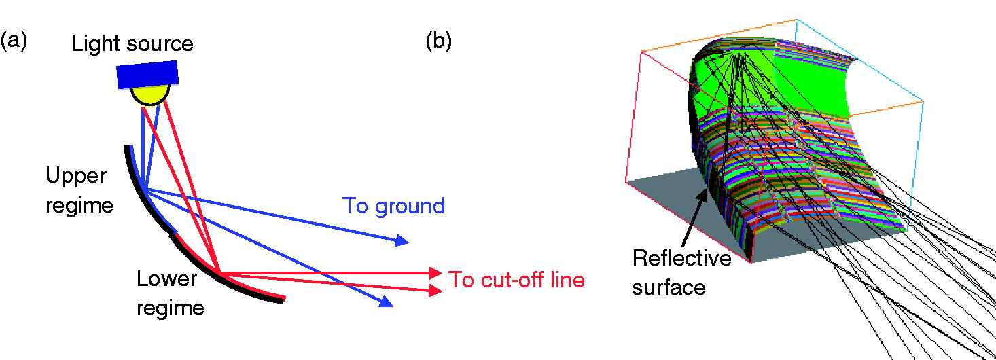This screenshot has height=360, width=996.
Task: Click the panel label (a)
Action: [x=14, y=41]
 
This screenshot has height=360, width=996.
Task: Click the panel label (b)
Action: [x=438, y=41]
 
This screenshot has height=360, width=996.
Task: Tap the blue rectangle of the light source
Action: [x=147, y=74]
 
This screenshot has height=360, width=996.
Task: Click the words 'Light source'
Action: [x=132, y=45]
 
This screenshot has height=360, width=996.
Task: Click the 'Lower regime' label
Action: [x=170, y=293]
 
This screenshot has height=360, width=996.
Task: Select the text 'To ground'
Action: [x=394, y=205]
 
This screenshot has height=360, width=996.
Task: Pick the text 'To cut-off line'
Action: [x=516, y=279]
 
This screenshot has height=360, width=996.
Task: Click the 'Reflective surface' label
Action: [x=681, y=272]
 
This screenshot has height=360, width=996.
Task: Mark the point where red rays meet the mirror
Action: [x=219, y=273]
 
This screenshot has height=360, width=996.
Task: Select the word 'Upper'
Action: [x=76, y=175]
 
